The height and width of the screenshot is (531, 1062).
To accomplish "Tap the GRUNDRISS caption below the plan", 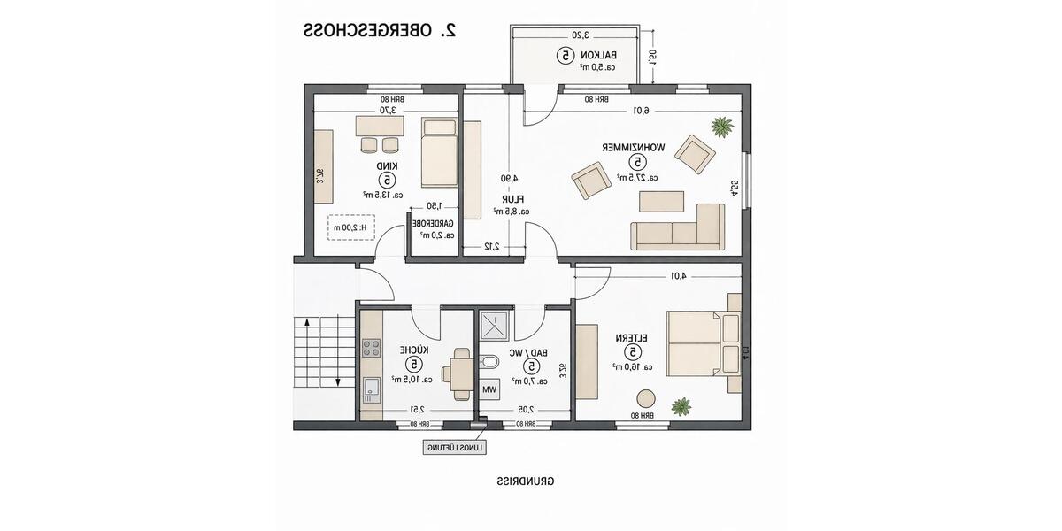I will (526, 481).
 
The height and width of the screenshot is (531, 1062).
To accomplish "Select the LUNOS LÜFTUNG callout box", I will (454, 448).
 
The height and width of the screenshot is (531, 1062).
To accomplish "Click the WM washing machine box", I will (489, 389).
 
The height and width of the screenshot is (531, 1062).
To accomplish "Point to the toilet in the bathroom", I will (489, 363).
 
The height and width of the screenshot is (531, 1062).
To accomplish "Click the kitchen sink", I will (372, 386).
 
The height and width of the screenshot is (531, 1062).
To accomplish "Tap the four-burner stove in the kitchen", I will (372, 346).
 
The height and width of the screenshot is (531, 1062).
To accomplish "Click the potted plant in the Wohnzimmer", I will (722, 127).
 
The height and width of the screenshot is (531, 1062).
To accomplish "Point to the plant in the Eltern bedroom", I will (681, 406).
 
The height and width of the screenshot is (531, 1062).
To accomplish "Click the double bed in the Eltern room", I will (699, 342).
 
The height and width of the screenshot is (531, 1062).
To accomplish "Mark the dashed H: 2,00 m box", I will (352, 227).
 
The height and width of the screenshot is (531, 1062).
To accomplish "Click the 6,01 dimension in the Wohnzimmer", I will (641, 111).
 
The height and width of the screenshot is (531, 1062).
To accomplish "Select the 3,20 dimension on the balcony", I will (579, 35).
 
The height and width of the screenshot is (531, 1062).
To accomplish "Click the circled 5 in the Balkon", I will (564, 55).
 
